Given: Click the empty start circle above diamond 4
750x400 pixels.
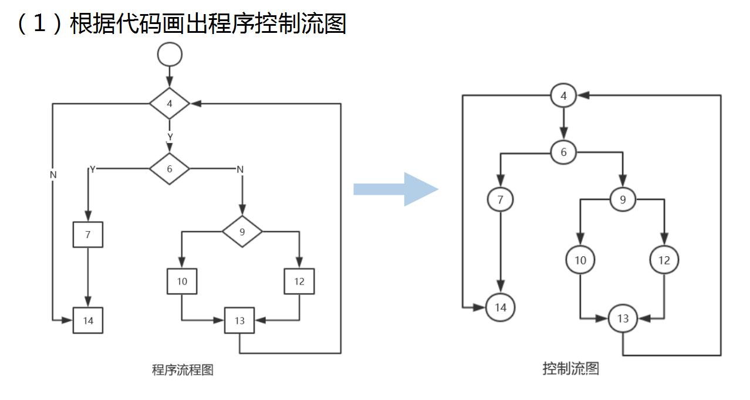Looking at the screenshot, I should [170, 55].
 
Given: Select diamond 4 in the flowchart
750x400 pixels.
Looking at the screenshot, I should [170, 104].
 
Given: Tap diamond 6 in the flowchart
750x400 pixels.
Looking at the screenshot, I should [170, 169].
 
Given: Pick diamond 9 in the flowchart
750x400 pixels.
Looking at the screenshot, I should [242, 232].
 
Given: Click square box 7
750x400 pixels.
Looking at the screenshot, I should [88, 235].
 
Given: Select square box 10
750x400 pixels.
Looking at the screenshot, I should [182, 282].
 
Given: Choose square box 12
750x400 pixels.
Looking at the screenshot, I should [299, 282].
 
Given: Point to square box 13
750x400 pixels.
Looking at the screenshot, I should [239, 320].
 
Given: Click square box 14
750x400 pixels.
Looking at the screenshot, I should [88, 320].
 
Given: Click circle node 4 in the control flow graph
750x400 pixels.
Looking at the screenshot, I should [564, 96].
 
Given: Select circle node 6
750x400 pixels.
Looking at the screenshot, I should [564, 152].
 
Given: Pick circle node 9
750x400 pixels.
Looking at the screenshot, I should [623, 200].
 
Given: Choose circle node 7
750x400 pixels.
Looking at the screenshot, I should [500, 200].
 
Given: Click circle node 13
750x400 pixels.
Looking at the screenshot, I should [623, 318].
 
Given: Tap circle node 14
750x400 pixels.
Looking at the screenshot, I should [500, 307].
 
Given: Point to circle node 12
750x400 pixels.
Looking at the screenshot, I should [664, 260].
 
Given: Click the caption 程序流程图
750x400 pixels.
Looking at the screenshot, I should [183, 370].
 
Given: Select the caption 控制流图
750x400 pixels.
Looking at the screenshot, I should [570, 368].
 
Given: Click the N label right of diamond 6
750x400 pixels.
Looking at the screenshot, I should [239, 170].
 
